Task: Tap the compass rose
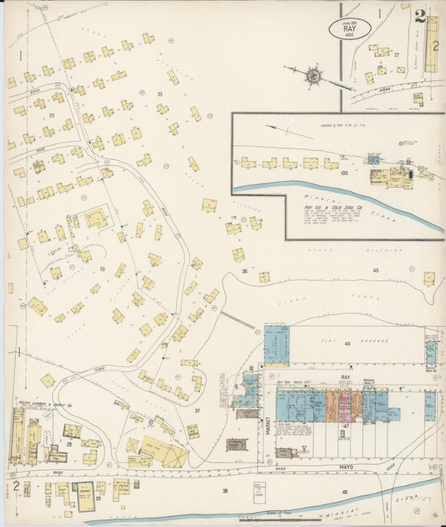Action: pyautogui.click(x=314, y=76)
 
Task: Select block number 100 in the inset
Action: pyautogui.click(x=344, y=172)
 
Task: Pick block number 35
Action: pyautogui.click(x=159, y=95)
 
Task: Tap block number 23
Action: pyautogui.click(x=51, y=115)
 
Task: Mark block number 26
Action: pyautogui.click(x=102, y=269)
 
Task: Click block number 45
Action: pyautogui.click(x=376, y=271)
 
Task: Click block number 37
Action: pyautogui.click(x=198, y=411)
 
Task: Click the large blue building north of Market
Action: pyautogui.click(x=276, y=344)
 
